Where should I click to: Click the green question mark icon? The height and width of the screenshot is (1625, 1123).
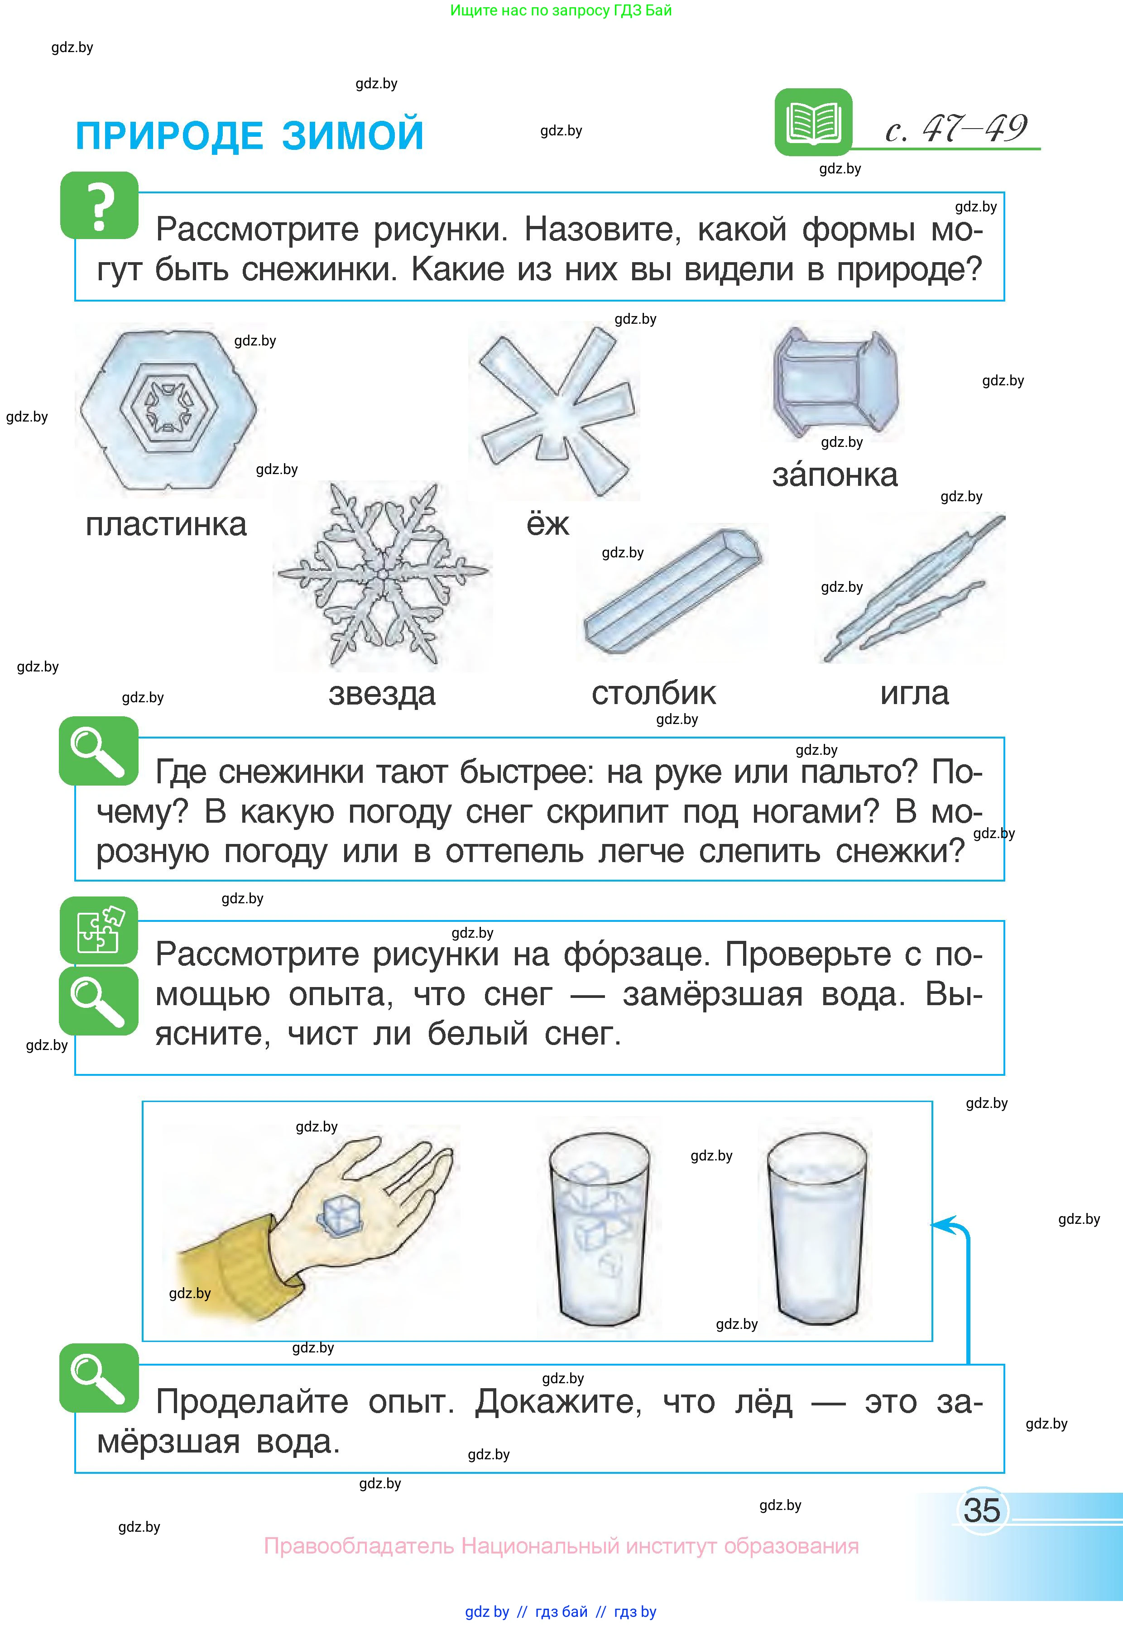(x=99, y=206)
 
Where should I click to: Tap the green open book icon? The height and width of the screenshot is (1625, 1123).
(x=813, y=122)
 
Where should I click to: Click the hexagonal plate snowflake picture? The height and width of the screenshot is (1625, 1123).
(x=168, y=409)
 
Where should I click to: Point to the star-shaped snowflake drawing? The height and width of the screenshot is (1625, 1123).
(x=383, y=575)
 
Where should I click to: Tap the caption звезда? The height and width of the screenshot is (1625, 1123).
(x=382, y=694)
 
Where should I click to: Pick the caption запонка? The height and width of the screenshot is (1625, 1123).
(x=835, y=475)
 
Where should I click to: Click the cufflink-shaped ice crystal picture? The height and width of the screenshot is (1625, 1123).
(x=835, y=381)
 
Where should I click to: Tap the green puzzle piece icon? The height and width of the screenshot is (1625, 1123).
(x=99, y=930)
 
